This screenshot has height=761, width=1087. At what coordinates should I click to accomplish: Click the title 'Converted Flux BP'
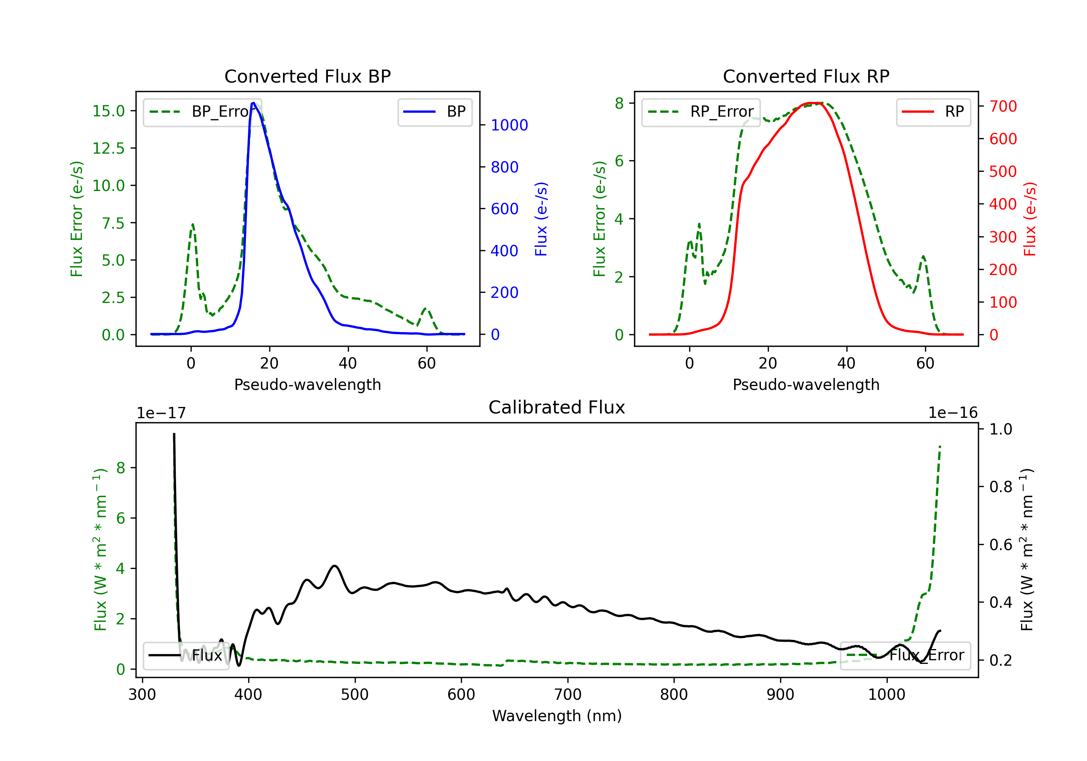click(x=307, y=76)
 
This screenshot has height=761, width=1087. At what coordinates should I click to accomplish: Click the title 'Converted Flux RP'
click(x=806, y=76)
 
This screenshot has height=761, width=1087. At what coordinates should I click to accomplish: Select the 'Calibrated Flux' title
click(x=557, y=407)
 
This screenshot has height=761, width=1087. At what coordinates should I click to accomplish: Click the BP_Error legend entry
click(x=203, y=112)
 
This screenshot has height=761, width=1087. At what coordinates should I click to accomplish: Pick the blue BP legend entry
click(x=434, y=112)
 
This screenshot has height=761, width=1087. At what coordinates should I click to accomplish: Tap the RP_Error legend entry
click(x=701, y=112)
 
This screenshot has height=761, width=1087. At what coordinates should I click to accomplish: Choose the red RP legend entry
click(x=933, y=112)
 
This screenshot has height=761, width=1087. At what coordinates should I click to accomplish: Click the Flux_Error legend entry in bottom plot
click(x=905, y=656)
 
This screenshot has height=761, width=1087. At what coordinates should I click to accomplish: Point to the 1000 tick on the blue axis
click(x=509, y=125)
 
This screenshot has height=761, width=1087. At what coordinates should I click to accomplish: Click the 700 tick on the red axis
click(x=1003, y=106)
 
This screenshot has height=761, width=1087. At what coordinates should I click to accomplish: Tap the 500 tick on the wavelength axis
click(x=355, y=695)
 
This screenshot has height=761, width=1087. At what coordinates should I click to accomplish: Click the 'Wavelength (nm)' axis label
click(x=557, y=716)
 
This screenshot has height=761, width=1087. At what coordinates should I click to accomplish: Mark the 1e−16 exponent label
click(x=953, y=413)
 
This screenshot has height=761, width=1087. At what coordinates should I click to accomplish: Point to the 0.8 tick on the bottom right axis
click(x=1000, y=487)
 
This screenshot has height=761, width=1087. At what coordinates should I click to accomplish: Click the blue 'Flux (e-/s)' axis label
click(x=541, y=219)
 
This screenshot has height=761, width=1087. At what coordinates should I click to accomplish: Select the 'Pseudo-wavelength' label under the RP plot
click(x=806, y=384)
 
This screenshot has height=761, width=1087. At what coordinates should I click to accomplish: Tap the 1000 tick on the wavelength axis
click(x=887, y=695)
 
